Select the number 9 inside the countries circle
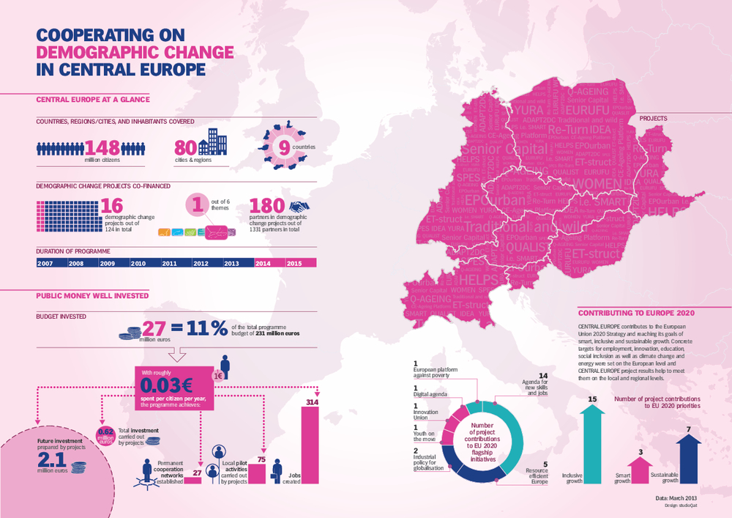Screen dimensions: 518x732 281,147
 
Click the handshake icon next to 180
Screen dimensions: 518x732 300,208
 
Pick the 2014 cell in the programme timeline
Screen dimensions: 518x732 268,263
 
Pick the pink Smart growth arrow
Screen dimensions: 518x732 640,468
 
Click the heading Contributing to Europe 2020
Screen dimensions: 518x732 635,312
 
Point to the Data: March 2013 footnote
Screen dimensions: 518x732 674,498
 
